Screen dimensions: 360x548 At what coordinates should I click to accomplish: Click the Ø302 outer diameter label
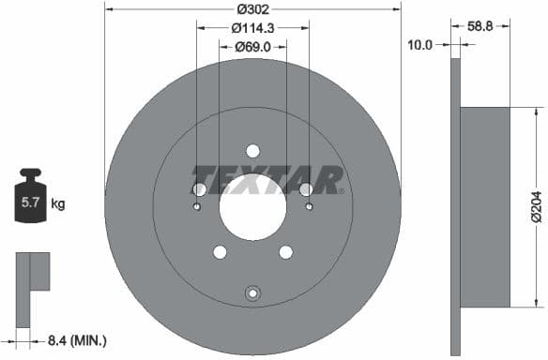coord(252,9)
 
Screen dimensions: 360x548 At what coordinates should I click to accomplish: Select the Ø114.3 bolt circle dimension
coord(252,28)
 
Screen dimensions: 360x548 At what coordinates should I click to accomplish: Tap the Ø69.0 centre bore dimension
coord(252,46)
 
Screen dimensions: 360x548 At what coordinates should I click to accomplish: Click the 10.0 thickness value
coord(420,44)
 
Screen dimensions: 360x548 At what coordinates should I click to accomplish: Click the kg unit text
coord(58,202)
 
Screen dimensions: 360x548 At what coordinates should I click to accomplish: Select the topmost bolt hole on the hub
coord(252,151)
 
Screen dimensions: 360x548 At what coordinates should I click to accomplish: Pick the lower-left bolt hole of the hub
coord(220,251)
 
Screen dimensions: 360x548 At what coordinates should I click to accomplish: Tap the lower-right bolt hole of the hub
coord(286,251)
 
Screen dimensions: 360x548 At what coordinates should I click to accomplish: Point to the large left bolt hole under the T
coord(199,189)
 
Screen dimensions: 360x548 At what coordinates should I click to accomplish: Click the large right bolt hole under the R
coord(306,189)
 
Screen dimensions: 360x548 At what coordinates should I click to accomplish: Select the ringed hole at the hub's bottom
coord(252,294)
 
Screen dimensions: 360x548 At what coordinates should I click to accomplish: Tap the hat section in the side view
coord(484,206)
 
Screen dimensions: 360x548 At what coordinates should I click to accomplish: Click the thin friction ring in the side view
coord(457,206)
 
